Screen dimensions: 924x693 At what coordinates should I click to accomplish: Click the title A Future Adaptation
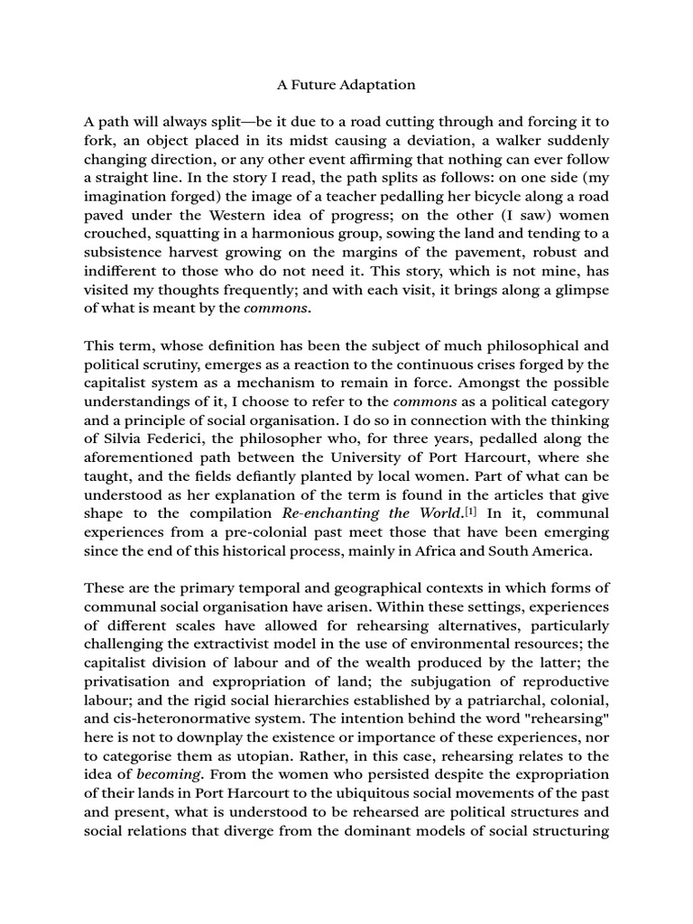346,85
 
